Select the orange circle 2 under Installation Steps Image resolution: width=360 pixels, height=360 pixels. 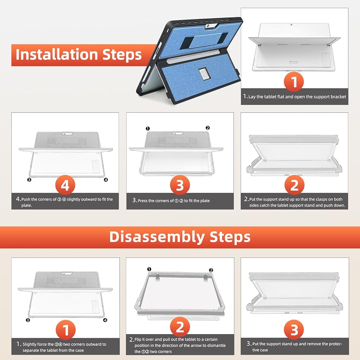294,185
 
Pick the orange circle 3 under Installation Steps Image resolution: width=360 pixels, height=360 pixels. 180,185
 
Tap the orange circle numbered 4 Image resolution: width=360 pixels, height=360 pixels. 65,185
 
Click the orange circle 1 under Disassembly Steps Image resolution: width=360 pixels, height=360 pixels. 66,330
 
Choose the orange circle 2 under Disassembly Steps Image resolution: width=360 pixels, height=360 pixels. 180,327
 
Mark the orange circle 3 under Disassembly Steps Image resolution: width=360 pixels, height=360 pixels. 294,329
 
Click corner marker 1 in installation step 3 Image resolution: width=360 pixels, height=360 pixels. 148,129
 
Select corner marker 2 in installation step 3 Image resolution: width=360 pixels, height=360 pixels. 208,128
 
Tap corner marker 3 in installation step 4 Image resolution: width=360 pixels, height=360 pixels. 29,180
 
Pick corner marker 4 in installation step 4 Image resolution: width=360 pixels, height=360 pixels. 106,180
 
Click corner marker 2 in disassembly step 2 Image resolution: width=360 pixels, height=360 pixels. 211,270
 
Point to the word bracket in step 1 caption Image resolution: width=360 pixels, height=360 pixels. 337,96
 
